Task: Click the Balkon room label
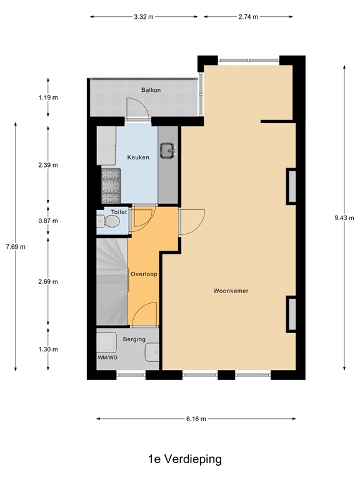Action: tap(151, 90)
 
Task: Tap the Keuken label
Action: tap(138, 157)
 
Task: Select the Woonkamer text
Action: tap(231, 291)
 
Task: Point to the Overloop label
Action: tap(144, 274)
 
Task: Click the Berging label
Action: tap(134, 339)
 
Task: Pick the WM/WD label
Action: tap(107, 357)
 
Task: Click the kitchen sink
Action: tap(167, 151)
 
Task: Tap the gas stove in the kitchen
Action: tap(111, 186)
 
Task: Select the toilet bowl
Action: tap(108, 221)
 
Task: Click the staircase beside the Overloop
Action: tap(112, 282)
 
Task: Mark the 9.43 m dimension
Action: tap(344, 218)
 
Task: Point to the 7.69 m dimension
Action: tap(16, 247)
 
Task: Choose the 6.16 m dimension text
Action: tap(196, 419)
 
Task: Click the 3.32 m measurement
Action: tap(144, 17)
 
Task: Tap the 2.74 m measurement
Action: tap(248, 17)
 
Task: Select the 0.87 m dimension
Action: tap(48, 221)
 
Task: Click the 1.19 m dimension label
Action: tap(48, 97)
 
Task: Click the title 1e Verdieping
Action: tap(185, 459)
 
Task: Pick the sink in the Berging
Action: tap(152, 352)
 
